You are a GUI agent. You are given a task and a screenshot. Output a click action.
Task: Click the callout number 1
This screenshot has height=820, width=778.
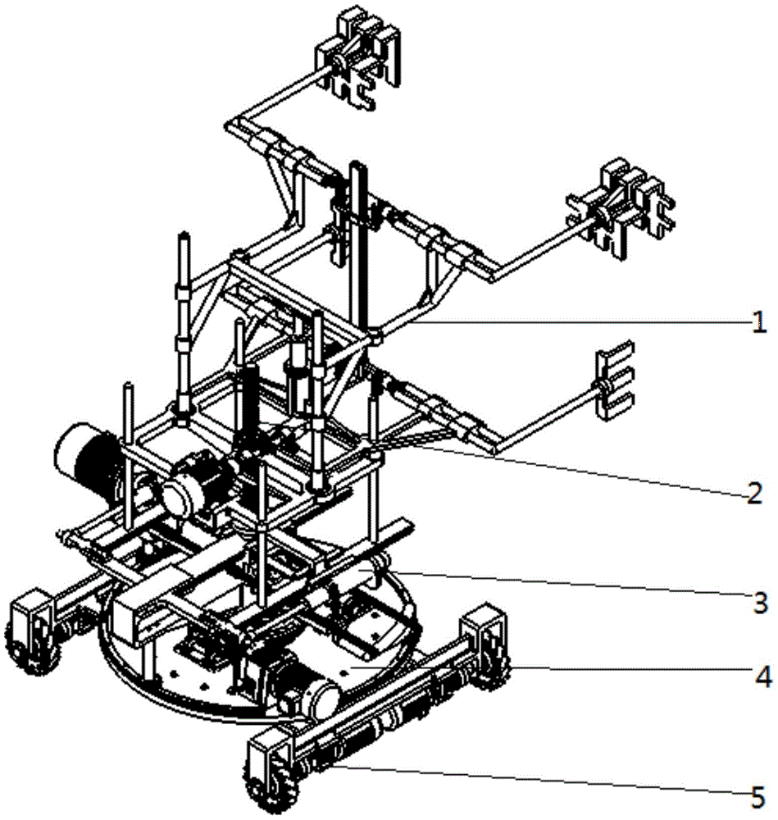759,325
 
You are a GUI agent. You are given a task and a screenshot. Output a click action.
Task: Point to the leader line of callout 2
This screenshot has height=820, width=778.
574,467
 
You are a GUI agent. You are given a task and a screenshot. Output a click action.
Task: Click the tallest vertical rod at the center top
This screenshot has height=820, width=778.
358,246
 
